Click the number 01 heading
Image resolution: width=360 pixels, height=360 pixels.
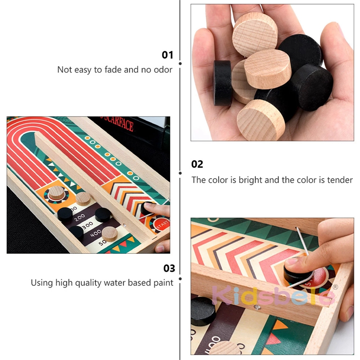click(x=167, y=55)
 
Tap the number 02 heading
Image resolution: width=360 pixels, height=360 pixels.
click(x=197, y=164)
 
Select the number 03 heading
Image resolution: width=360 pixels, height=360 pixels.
click(x=169, y=268)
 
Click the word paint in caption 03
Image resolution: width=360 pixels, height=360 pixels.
click(x=162, y=283)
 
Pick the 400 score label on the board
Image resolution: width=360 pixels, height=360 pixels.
click(x=96, y=234)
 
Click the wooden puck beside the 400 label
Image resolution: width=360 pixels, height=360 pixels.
click(x=108, y=233)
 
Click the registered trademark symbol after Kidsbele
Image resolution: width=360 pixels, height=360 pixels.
click(x=335, y=287)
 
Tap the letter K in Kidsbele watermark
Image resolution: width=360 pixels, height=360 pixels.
click(x=221, y=296)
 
